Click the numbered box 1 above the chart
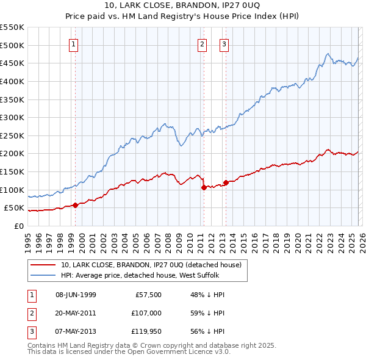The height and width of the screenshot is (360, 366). tap(73, 43)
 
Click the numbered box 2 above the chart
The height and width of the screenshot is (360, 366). tap(202, 43)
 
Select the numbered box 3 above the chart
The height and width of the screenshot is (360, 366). tap(224, 43)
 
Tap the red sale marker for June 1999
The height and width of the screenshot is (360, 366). tap(75, 205)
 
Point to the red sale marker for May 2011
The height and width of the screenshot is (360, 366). tap(204, 187)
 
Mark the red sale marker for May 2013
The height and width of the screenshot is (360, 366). tap(225, 182)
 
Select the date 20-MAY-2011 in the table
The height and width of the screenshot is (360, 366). tap(76, 313)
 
